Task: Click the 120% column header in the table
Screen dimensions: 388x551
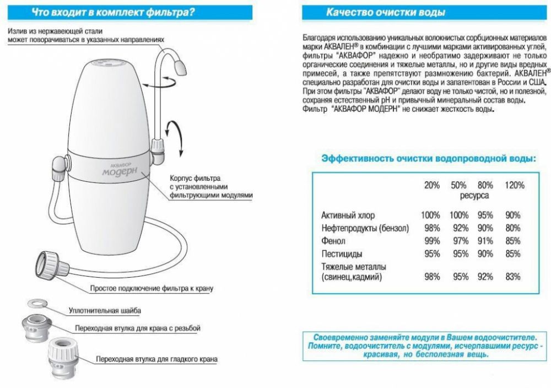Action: point(515,185)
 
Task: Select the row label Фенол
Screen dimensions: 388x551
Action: point(334,241)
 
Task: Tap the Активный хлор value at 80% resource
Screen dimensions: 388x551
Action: point(485,215)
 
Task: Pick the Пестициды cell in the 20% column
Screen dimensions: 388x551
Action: point(432,254)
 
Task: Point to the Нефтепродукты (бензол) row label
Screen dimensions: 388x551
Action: point(365,228)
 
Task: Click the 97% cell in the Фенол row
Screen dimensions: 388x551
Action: point(458,241)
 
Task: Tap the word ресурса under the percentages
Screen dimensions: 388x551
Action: point(474,195)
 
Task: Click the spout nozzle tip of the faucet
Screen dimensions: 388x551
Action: point(179,68)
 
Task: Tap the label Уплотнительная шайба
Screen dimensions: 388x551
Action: point(105,311)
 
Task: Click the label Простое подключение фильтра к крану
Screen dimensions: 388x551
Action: point(152,288)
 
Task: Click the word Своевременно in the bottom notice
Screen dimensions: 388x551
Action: point(337,337)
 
